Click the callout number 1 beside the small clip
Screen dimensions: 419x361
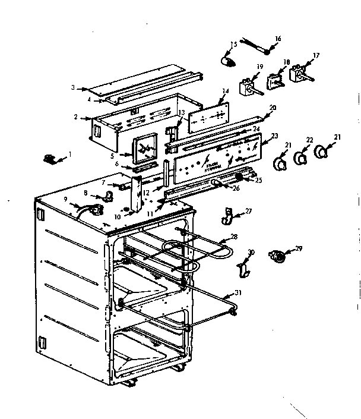[69, 155]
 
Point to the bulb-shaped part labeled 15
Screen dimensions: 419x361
[227, 60]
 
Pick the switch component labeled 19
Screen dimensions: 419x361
[246, 88]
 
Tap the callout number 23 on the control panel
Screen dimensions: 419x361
[274, 136]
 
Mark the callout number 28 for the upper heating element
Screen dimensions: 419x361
[234, 237]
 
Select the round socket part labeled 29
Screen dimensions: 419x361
[276, 257]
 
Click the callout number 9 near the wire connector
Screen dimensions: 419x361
[65, 198]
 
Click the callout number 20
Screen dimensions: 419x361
[273, 108]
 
